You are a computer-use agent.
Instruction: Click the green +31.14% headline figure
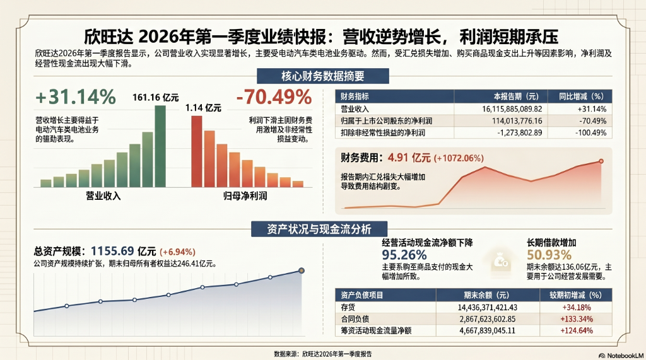pyautogui.click(x=76, y=98)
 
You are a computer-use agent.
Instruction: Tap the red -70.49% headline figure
pyautogui.click(x=274, y=97)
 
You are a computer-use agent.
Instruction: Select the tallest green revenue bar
pyautogui.click(x=160, y=146)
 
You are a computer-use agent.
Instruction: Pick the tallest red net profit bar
pyautogui.click(x=196, y=151)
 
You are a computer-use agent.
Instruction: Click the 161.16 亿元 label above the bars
pyautogui.click(x=155, y=98)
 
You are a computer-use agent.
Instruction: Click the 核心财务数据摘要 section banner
pyautogui.click(x=322, y=77)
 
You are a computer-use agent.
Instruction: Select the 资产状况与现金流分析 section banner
pyautogui.click(x=322, y=228)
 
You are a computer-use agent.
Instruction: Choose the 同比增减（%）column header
pyautogui.click(x=582, y=96)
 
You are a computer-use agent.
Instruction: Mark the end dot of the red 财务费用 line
pyautogui.click(x=601, y=161)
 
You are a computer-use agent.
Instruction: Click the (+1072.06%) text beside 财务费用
pyautogui.click(x=458, y=158)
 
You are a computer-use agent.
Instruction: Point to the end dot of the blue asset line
pyautogui.click(x=301, y=270)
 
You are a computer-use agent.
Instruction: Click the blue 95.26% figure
pyautogui.click(x=404, y=255)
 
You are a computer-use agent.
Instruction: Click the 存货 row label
pyautogui.click(x=348, y=307)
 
